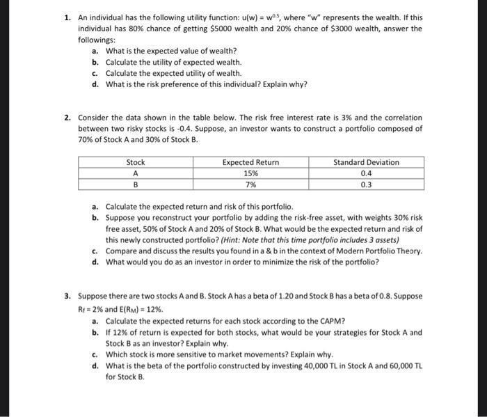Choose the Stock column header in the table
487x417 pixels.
pos(135,162)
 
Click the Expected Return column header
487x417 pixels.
pos(250,162)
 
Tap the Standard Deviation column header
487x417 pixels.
pos(366,162)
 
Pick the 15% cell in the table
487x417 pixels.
pos(250,173)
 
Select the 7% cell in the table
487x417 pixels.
pos(250,185)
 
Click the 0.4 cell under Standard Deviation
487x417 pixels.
pos(366,173)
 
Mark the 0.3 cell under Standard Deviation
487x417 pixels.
pos(366,185)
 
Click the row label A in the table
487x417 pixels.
pos(135,173)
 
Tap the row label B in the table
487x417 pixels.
pos(135,185)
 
